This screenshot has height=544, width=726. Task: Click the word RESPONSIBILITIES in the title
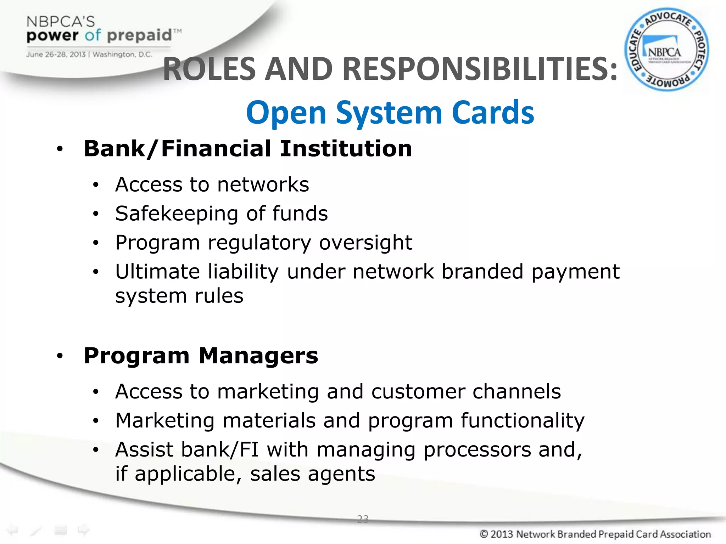click(x=480, y=69)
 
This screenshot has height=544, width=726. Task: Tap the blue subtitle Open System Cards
click(x=390, y=113)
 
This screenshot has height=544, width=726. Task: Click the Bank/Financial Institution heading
click(x=248, y=148)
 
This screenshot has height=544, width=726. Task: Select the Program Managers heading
click(x=201, y=356)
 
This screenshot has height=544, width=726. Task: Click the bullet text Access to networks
click(x=212, y=185)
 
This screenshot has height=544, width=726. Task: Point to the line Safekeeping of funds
click(x=222, y=214)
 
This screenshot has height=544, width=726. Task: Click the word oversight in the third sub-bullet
click(x=365, y=243)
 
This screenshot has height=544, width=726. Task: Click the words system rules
click(x=179, y=296)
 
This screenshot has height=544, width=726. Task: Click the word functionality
click(x=523, y=421)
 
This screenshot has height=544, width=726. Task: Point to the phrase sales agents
click(x=312, y=474)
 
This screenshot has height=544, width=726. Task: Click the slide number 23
click(x=363, y=519)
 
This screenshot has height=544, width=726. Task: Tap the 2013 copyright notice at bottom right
click(x=595, y=534)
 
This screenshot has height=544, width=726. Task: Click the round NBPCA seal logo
click(x=666, y=50)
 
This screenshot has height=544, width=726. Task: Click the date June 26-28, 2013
click(x=56, y=55)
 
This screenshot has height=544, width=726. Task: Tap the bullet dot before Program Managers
click(x=60, y=356)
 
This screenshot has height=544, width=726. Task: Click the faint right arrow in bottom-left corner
click(x=84, y=530)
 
